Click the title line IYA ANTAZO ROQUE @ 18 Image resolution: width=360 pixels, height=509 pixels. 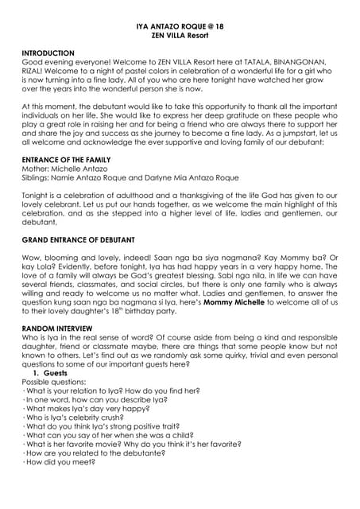point(180,26)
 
